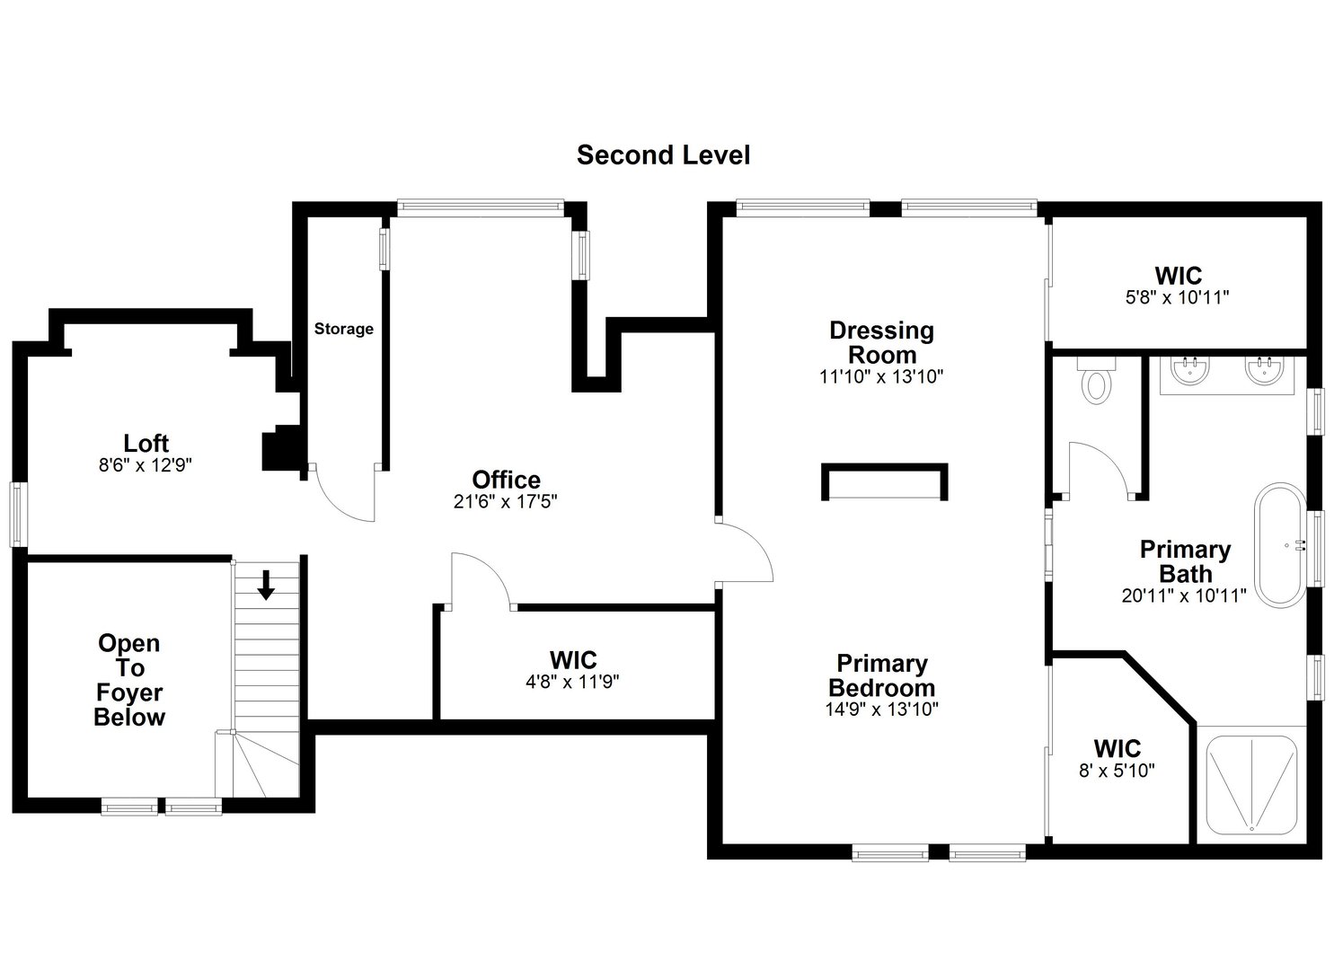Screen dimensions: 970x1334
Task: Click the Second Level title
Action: [x=663, y=155]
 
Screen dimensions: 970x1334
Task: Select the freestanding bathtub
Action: [x=1285, y=545]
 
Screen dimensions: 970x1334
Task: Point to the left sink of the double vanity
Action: [x=1192, y=370]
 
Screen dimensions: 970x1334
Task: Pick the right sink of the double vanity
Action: [x=1265, y=370]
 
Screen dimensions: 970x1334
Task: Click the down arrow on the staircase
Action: [x=266, y=585]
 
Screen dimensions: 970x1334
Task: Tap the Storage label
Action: [x=343, y=329]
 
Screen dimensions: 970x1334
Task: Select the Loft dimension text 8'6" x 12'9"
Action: [x=146, y=465]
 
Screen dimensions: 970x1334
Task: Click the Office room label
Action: [x=506, y=480]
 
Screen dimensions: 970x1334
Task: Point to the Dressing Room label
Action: [x=881, y=342]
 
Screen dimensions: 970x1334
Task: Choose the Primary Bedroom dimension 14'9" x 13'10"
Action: [x=881, y=710]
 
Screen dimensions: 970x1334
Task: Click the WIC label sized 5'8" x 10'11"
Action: [x=1178, y=297]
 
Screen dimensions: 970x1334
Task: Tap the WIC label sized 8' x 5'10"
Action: [x=1117, y=770]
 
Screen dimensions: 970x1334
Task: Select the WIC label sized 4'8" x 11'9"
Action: [x=572, y=682]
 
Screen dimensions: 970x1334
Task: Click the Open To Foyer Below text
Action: [x=129, y=680]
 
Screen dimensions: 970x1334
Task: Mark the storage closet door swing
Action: [x=344, y=493]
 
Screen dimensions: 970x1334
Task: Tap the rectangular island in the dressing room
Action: [x=884, y=482]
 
